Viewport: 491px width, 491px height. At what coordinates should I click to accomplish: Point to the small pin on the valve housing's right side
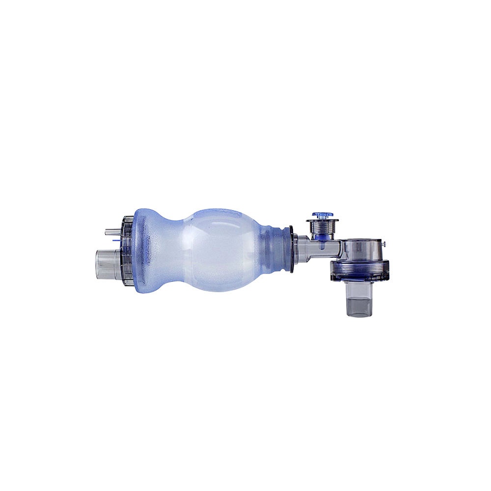click(x=385, y=244)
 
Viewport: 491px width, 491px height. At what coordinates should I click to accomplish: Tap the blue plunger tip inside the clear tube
click(x=322, y=239)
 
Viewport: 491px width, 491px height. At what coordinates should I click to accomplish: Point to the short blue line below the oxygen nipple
click(x=116, y=241)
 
